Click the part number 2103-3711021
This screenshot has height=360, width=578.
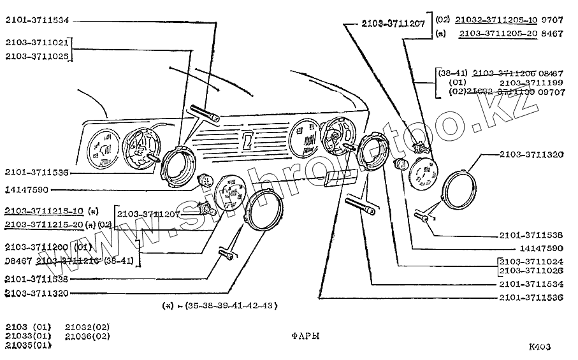[36, 43]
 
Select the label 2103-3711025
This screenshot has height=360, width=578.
[36, 56]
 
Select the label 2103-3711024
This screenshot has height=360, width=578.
[531, 261]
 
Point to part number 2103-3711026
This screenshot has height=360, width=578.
[531, 271]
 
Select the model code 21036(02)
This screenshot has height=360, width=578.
[87, 336]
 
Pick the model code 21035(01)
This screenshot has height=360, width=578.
[27, 345]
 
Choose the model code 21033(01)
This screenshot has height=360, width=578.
[27, 336]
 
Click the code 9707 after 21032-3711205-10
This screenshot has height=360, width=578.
[553, 20]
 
